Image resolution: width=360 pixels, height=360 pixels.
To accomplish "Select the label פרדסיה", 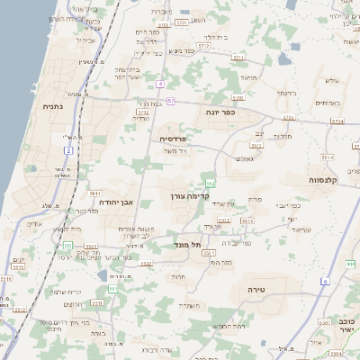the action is pos(173,139).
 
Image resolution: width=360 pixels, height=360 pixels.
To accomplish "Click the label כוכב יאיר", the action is pos(346,326).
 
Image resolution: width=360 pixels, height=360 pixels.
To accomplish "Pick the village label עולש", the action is pos(330,81).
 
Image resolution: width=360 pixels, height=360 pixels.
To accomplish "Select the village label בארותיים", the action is pos(328,103).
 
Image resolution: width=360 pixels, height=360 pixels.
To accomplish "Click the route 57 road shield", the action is pos(171,100).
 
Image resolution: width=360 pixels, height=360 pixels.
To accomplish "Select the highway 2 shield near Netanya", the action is pos(68,150).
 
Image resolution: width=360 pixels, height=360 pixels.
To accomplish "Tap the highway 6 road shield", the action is pos(325,282).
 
